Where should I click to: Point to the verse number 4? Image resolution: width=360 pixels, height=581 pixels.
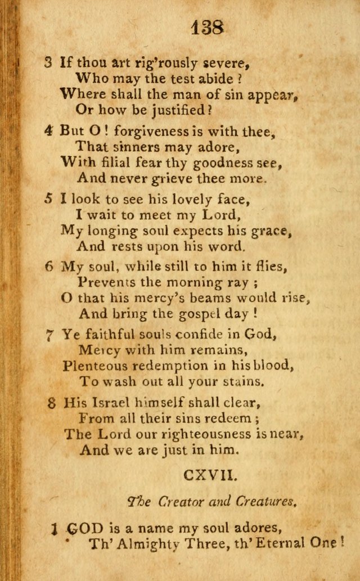[x=49, y=130]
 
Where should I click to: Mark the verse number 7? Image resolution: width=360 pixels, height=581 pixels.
[x=48, y=335]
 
